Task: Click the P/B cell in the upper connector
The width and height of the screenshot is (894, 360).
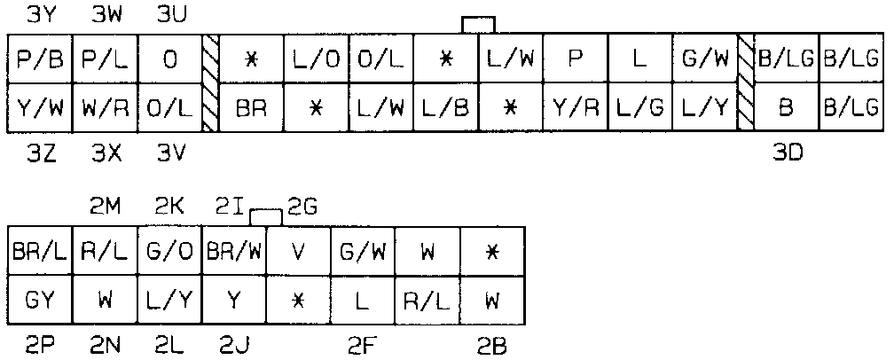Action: pyautogui.click(x=38, y=60)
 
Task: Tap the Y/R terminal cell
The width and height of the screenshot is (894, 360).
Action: pyautogui.click(x=576, y=108)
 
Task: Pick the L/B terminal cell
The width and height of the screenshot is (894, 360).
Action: pyautogui.click(x=446, y=108)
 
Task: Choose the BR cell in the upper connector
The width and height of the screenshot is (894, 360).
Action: pyautogui.click(x=252, y=108)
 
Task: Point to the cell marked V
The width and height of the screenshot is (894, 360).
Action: pyautogui.click(x=298, y=250)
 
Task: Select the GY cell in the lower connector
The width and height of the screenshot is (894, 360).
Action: pyautogui.click(x=39, y=299)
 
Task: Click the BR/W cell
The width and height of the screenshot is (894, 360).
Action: pyautogui.click(x=234, y=250)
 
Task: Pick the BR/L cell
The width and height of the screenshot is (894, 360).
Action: pyautogui.click(x=39, y=250)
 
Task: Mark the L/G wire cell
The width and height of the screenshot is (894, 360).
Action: pyautogui.click(x=639, y=108)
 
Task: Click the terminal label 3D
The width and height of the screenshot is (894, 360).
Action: pyautogui.click(x=786, y=153)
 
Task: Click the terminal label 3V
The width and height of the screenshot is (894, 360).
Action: pyautogui.click(x=169, y=153)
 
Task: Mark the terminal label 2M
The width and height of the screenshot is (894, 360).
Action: pyautogui.click(x=105, y=207)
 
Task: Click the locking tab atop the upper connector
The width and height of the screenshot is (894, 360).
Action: pyautogui.click(x=478, y=25)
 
